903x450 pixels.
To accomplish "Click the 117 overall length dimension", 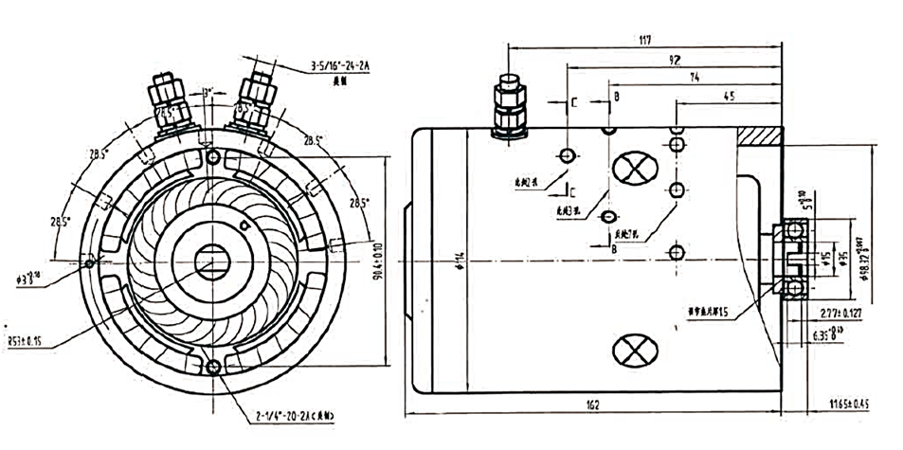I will (644, 40).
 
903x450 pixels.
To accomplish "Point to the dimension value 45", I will (729, 95).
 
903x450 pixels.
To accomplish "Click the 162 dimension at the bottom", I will (592, 406).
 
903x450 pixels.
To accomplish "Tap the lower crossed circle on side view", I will (631, 351).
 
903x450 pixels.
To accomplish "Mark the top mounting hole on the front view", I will (210, 155).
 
